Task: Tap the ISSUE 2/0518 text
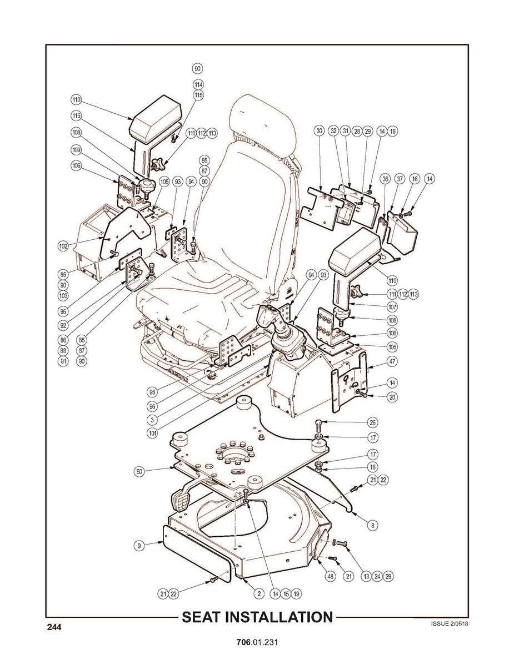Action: point(449,623)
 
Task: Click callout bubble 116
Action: point(77,116)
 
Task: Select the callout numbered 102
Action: point(63,245)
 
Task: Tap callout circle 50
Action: point(141,471)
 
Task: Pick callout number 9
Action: point(141,546)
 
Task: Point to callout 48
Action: point(331,577)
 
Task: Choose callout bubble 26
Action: point(373,422)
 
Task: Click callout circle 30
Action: point(319,131)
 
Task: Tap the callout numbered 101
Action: point(152,434)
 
